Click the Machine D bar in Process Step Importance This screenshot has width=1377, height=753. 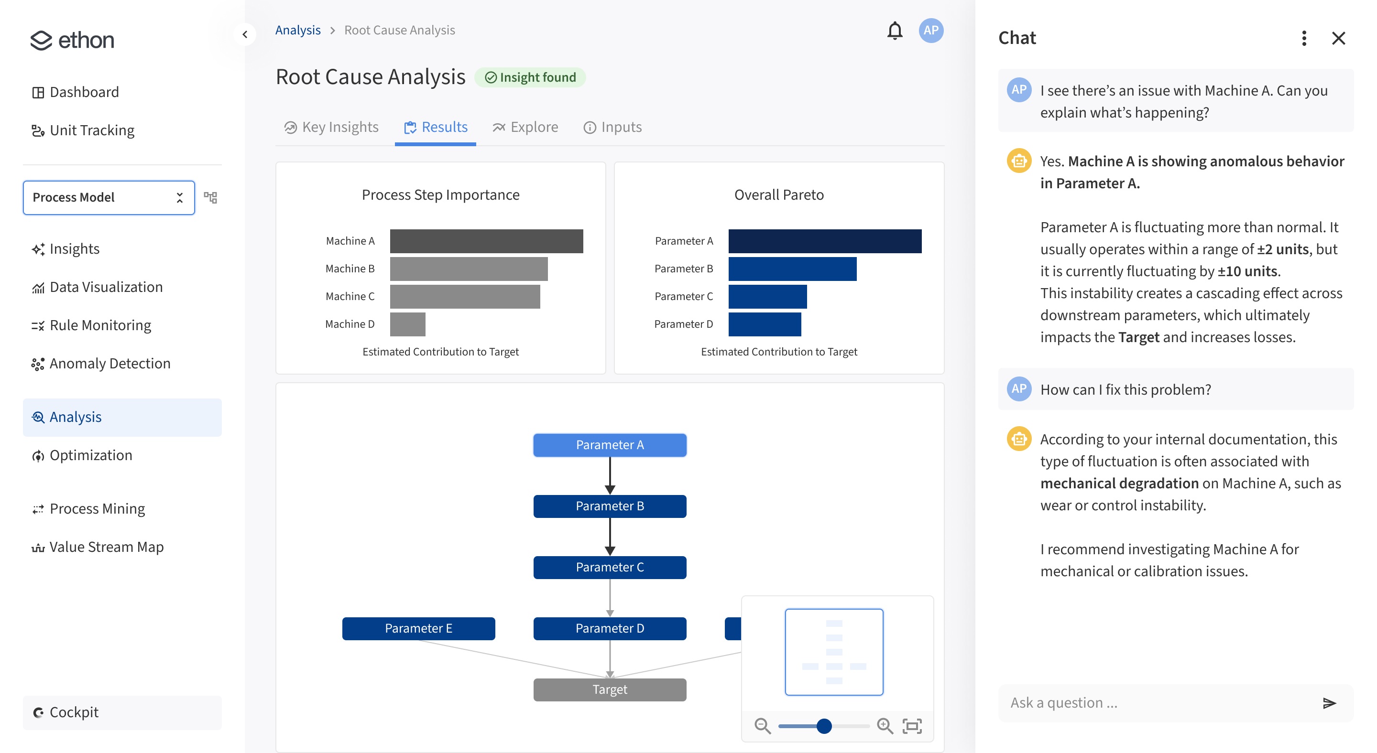407,324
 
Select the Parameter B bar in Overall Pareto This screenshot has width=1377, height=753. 792,269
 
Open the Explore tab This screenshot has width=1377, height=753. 525,127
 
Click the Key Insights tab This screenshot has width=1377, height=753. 331,127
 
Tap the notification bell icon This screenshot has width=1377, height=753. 894,31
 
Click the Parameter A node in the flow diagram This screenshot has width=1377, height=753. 610,445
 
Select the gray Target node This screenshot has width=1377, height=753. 610,689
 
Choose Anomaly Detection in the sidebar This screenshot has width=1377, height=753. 109,364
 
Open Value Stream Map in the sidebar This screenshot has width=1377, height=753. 106,547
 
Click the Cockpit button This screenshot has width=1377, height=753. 122,712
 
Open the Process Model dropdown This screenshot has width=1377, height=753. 109,198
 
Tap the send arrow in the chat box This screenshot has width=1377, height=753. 1329,703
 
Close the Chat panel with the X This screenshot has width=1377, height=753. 1338,38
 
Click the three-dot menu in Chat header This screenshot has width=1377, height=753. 1304,38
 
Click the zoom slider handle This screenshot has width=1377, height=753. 824,726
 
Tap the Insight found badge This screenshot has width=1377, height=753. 530,77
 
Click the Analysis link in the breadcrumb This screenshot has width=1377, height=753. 298,31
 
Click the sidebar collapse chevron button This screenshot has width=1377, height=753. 245,35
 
